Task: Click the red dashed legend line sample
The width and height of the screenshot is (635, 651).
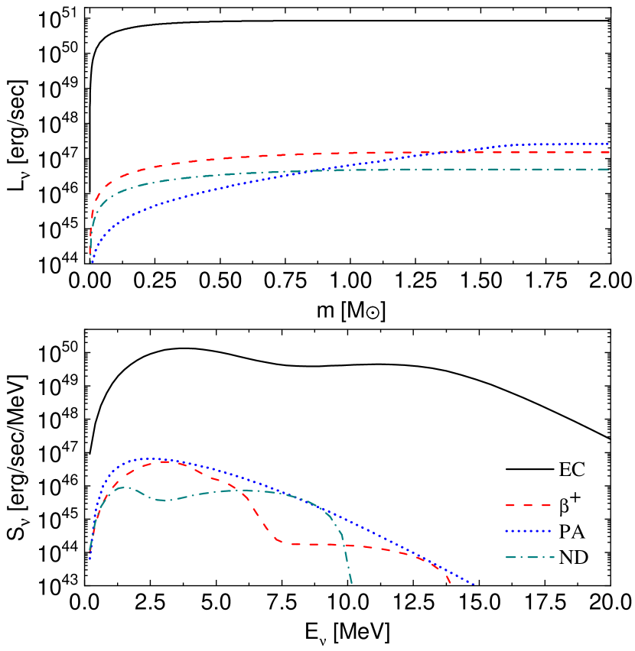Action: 528,505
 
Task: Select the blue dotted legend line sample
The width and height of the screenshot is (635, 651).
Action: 528,531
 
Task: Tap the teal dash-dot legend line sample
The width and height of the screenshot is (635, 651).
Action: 529,557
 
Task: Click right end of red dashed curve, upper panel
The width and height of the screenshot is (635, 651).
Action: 609,152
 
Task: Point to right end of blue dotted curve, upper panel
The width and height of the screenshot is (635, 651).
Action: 608,144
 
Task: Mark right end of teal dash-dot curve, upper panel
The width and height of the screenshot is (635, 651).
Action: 609,169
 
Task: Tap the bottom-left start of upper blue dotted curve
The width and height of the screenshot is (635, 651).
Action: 92,263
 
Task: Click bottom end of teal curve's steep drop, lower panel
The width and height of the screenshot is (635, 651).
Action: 352,585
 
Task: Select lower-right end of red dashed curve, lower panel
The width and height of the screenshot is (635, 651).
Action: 451,585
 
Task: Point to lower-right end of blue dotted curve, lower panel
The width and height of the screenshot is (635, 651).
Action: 474,585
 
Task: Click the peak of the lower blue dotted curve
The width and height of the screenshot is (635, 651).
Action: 149,459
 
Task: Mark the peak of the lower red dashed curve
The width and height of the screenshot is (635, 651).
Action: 164,462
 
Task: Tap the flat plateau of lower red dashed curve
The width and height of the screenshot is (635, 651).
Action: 306,544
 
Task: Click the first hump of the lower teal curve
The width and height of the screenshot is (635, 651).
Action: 122,487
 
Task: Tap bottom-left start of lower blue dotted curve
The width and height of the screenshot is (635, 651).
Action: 90,559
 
